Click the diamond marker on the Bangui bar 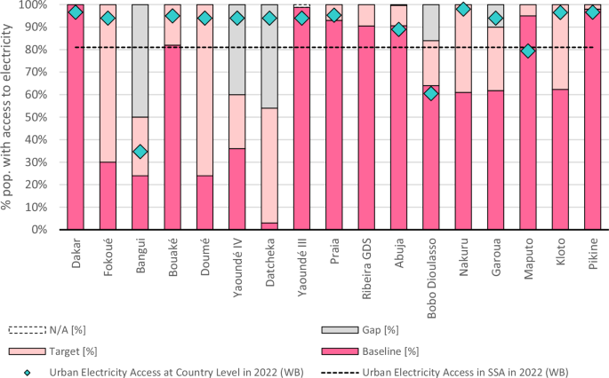140,151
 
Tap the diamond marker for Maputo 528,51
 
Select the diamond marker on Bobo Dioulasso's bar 431,93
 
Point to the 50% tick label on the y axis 37,117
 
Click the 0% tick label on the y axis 40,230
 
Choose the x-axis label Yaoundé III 302,267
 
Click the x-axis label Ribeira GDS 366,269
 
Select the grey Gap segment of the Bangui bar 140,61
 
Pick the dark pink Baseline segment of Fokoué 108,196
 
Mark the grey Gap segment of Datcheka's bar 269,57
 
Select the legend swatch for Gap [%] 340,330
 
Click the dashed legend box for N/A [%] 28,330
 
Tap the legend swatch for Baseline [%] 340,351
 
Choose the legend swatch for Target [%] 28,351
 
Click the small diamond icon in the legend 28,373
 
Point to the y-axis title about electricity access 6,117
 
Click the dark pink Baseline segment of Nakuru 463,161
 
